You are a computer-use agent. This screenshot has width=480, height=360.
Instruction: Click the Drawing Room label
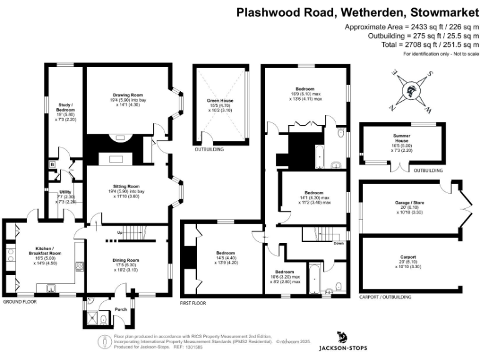coord(125,95)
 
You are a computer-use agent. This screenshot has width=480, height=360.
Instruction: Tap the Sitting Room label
coord(125,187)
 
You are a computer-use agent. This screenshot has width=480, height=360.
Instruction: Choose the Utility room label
coord(65,192)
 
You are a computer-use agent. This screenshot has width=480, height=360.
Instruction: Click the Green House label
coord(219,100)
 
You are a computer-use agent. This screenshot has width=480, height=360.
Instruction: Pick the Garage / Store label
coord(402,204)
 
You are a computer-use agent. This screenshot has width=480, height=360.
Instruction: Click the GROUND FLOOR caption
coord(21,301)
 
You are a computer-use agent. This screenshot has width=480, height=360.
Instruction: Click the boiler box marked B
coord(52,165)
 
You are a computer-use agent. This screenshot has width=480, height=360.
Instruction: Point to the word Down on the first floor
coord(338,243)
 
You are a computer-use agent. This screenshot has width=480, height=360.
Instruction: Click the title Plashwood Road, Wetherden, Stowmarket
coord(357,12)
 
